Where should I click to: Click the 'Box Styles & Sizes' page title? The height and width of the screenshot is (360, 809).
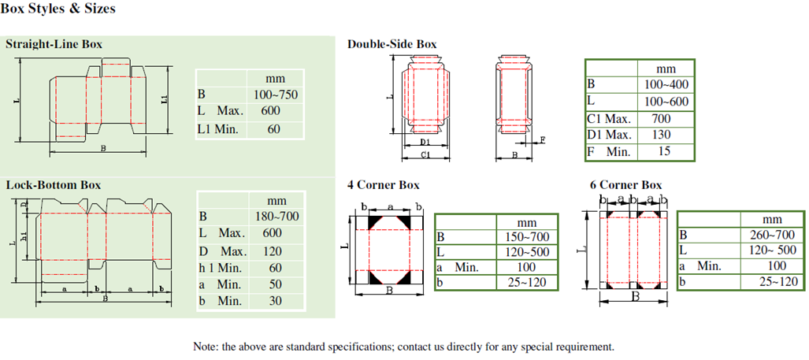point(58,9)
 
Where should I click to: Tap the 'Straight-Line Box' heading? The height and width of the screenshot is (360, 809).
point(54,44)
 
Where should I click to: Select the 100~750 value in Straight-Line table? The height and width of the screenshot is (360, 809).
point(276,95)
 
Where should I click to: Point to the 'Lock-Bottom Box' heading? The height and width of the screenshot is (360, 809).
point(53,184)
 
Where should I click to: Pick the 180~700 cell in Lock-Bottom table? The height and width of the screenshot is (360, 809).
point(277,216)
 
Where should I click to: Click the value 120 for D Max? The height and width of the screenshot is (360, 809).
point(273,252)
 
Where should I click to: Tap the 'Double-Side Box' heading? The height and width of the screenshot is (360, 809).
point(392,44)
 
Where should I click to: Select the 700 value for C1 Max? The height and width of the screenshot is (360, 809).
point(661,119)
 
